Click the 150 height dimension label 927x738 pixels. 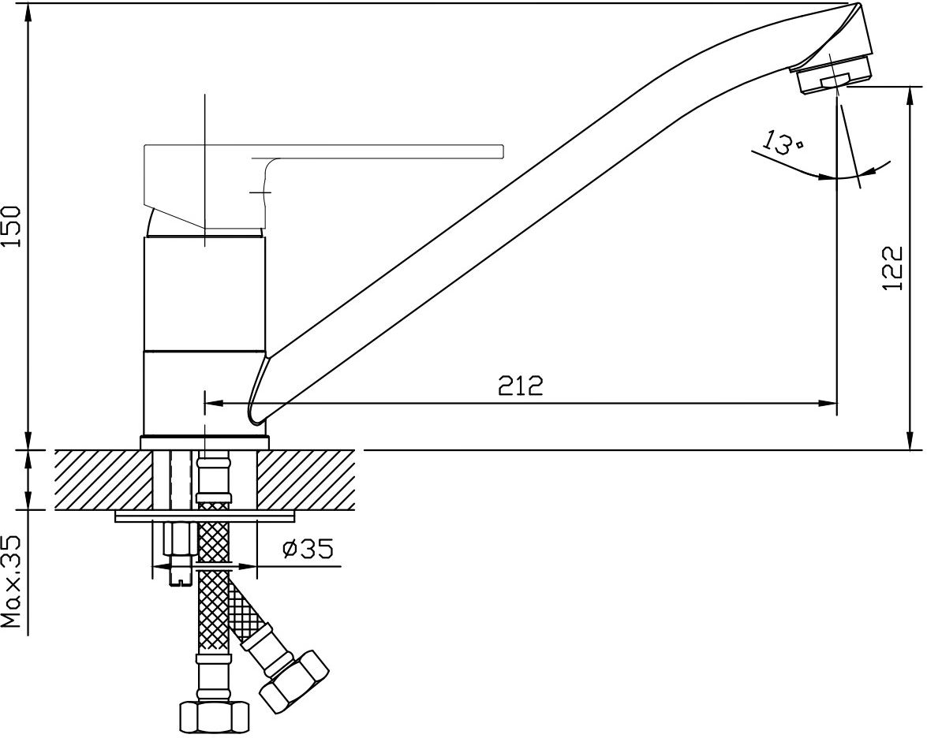tap(12, 226)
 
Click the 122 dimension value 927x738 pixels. tap(893, 267)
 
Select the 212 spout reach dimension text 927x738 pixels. tap(520, 386)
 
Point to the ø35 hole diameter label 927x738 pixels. tap(308, 549)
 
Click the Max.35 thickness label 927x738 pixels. tap(12, 582)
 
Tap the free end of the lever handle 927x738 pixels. tap(503, 151)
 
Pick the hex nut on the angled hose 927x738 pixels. tap(293, 680)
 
